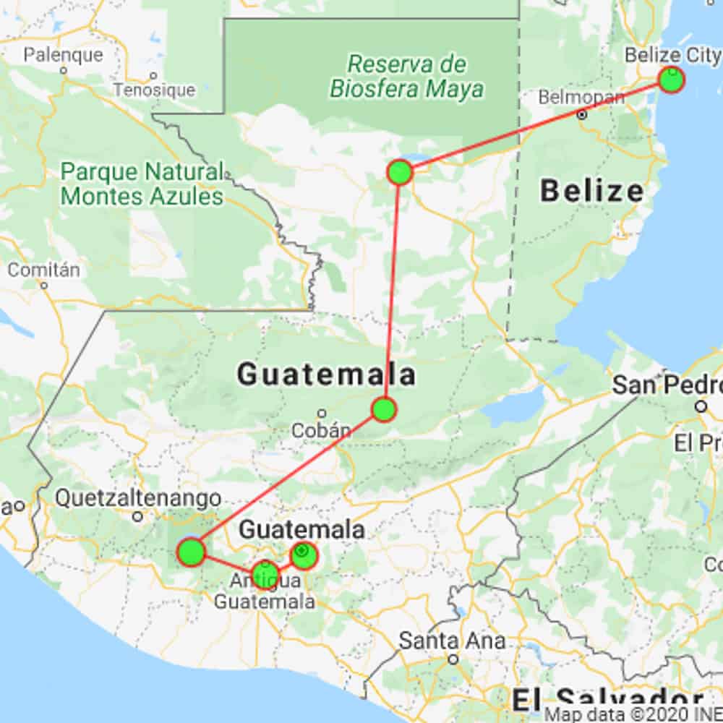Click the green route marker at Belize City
click(672, 80)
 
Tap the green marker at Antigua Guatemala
click(265, 576)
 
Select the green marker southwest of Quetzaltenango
click(192, 552)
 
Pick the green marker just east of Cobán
click(384, 409)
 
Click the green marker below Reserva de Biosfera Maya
click(400, 172)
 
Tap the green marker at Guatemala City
click(303, 555)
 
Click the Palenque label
click(64, 54)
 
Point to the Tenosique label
click(154, 90)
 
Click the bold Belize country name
click(591, 192)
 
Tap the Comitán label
click(43, 270)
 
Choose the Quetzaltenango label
click(138, 498)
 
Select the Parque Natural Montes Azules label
click(142, 184)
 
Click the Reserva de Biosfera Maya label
click(407, 76)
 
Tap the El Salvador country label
click(607, 700)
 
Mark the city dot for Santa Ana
click(453, 659)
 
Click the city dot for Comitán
click(44, 285)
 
